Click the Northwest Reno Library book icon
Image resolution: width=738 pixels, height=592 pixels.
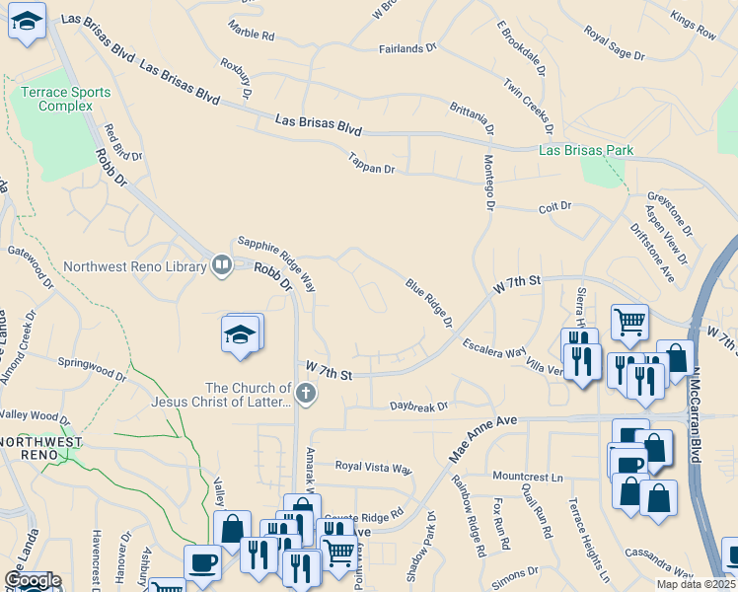[222, 264]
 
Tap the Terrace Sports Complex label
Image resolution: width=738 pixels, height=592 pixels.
[65, 100]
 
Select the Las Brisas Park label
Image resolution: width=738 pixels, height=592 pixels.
[586, 151]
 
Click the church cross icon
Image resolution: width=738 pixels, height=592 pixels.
[306, 396]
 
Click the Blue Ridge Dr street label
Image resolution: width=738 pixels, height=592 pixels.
[429, 303]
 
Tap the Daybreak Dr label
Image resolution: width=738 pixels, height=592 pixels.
[418, 406]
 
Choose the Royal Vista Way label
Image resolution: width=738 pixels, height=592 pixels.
[373, 467]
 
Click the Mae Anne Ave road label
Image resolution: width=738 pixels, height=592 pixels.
[483, 437]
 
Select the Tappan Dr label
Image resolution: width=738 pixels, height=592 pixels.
[371, 163]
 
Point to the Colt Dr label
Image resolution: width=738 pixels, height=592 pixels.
[555, 207]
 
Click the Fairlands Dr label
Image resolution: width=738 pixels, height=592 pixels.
[407, 48]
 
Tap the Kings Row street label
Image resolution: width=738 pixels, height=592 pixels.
[693, 26]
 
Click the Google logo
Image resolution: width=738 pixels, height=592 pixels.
[32, 580]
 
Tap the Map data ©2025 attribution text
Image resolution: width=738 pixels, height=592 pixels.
[697, 584]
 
